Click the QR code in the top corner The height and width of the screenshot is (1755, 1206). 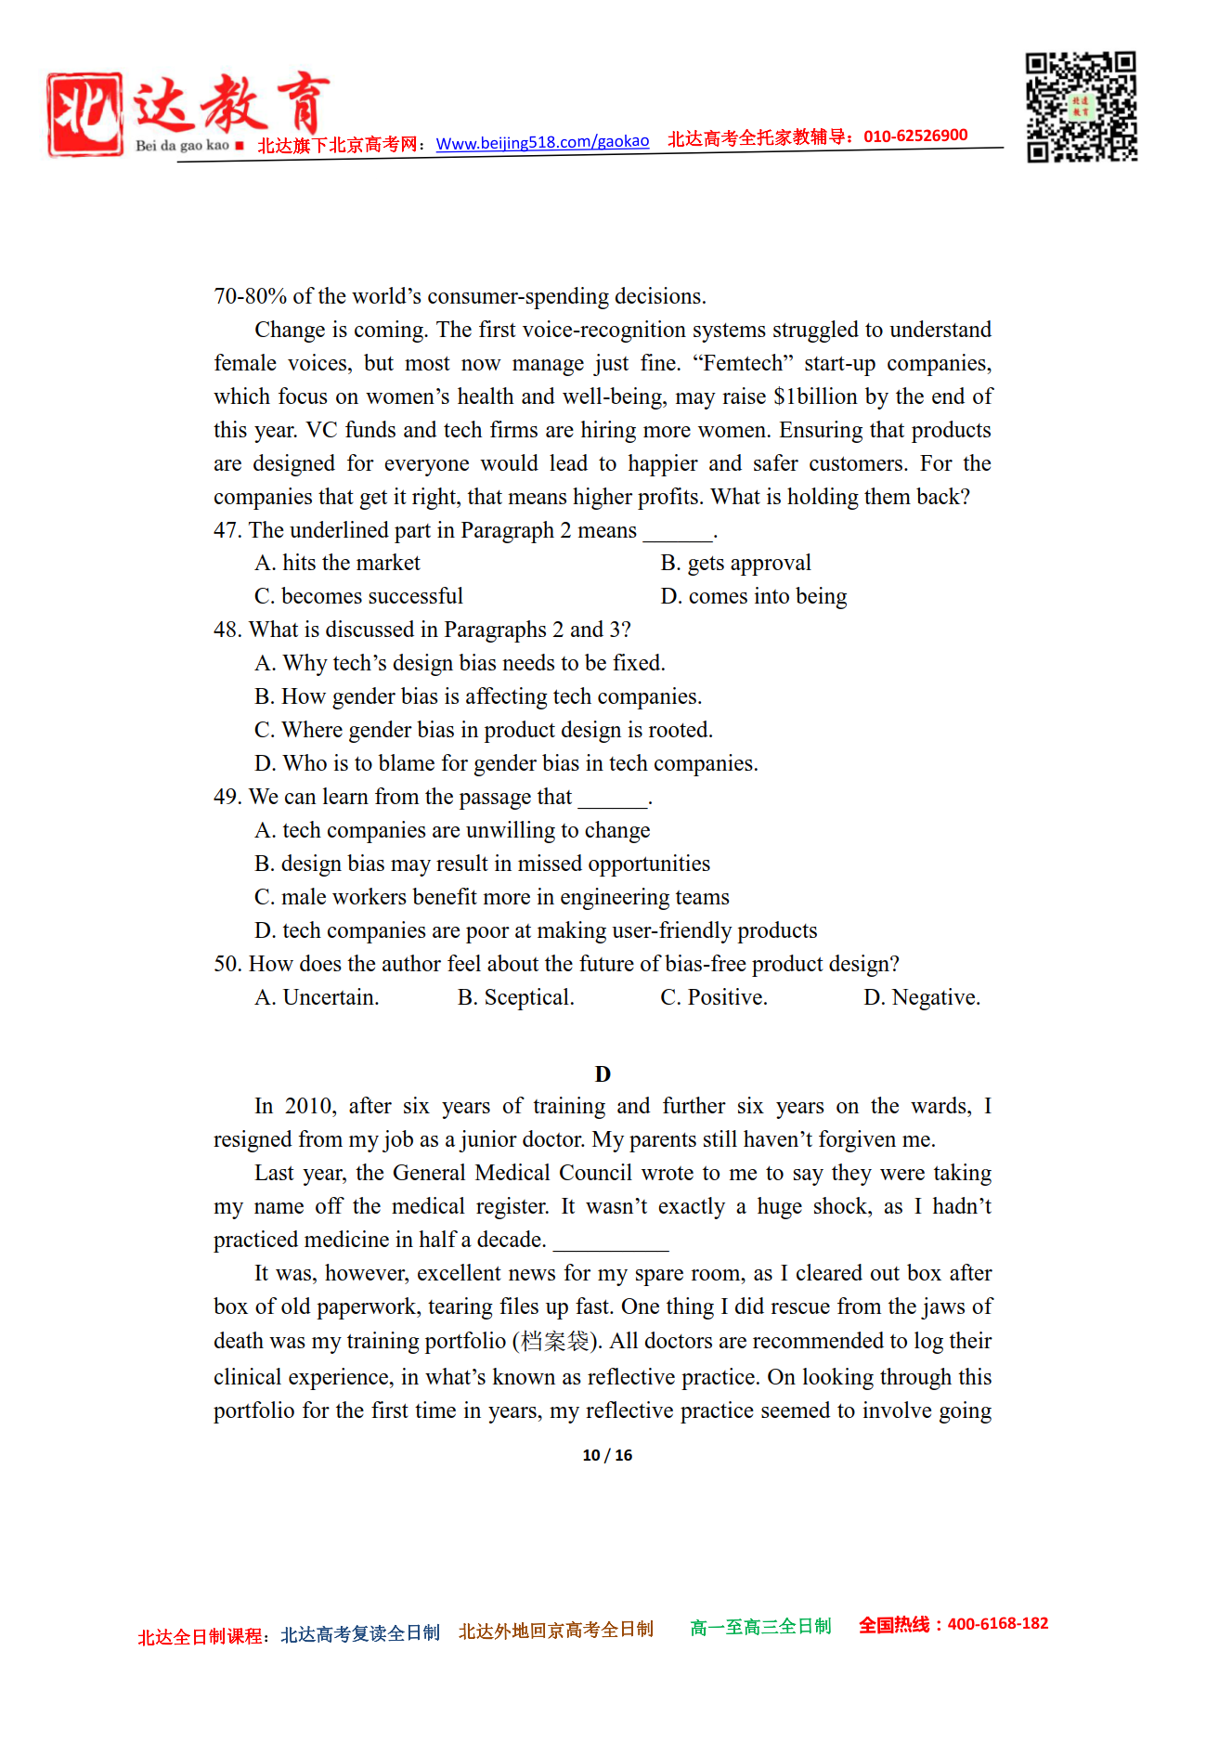(1081, 107)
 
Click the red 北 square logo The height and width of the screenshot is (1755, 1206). (84, 114)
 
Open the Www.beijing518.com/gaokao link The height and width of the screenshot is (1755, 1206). (542, 142)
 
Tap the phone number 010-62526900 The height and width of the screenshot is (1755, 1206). (915, 136)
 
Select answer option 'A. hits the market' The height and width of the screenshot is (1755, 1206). (337, 563)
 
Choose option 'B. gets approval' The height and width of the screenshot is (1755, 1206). (735, 563)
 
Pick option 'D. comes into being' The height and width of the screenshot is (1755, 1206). (753, 596)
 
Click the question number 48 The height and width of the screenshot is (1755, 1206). (227, 630)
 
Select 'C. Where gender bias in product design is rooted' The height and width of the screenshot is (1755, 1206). (483, 730)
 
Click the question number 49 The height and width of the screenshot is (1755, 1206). (227, 797)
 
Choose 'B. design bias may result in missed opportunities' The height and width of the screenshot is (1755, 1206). (482, 864)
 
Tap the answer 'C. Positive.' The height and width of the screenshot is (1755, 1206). (713, 997)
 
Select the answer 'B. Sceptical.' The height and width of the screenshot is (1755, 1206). (515, 997)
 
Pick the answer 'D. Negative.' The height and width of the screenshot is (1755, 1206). (921, 997)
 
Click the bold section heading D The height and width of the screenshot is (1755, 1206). (603, 1074)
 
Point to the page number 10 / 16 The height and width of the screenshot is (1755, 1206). (607, 1455)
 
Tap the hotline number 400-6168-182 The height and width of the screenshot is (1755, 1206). (997, 1624)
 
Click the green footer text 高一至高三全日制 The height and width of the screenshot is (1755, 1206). (760, 1627)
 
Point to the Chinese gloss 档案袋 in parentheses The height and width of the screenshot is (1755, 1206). (555, 1341)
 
